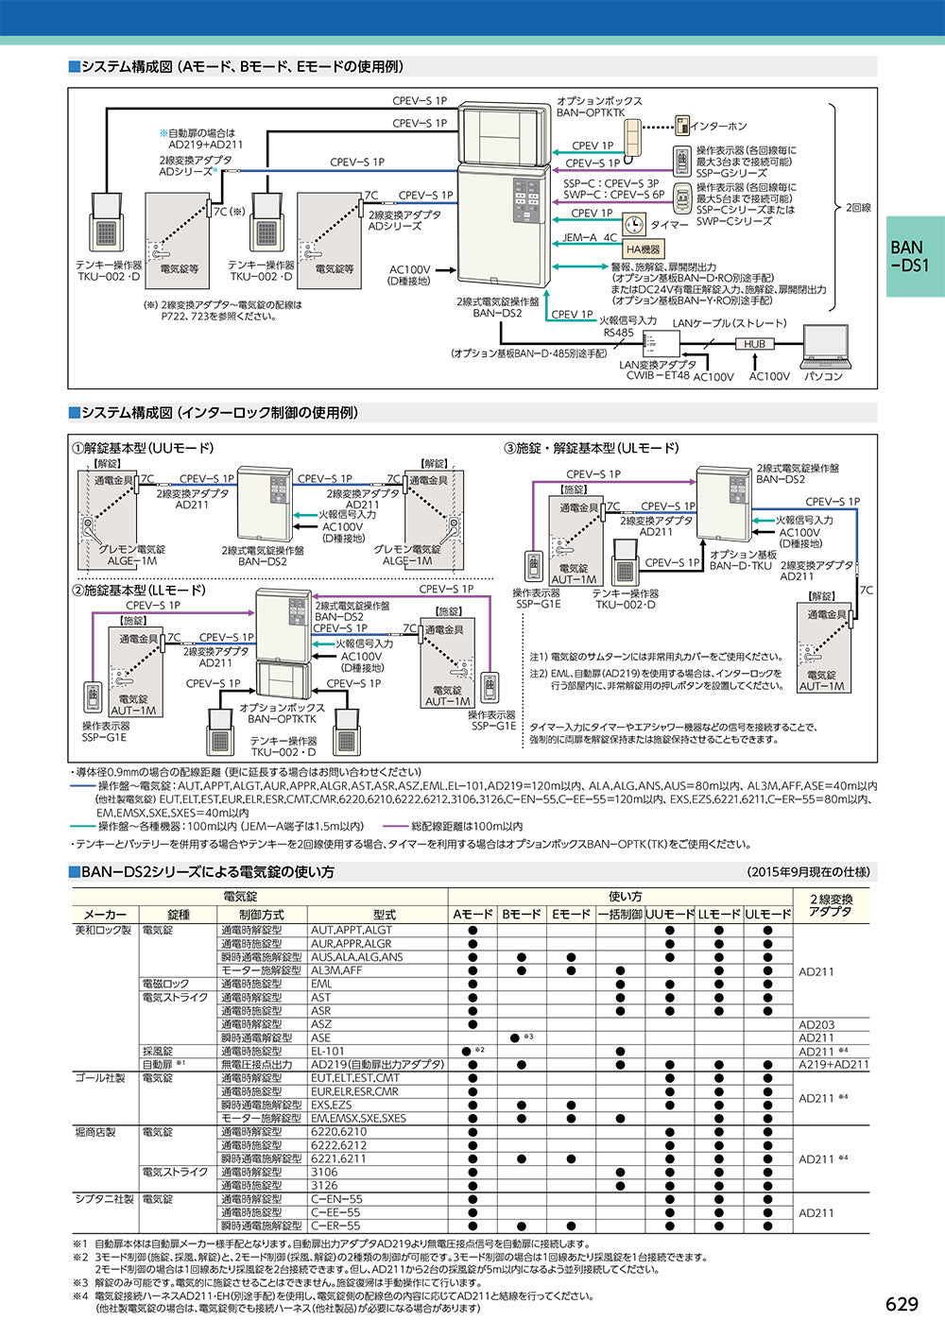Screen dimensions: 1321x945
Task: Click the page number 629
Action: click(x=902, y=1304)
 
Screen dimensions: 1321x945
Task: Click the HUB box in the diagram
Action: click(x=754, y=345)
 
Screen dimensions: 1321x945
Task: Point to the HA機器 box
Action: click(x=643, y=249)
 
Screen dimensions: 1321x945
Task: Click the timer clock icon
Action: click(x=634, y=225)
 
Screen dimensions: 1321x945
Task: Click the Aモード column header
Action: click(x=472, y=915)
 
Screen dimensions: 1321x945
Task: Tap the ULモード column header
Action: click(x=767, y=915)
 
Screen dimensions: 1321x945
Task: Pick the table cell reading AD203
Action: click(x=816, y=1024)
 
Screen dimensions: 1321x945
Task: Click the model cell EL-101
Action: click(x=328, y=1051)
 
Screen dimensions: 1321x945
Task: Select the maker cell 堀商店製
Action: click(x=94, y=1132)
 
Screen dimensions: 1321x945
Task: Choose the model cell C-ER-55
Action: click(x=335, y=1226)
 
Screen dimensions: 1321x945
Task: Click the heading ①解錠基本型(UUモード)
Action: click(x=144, y=448)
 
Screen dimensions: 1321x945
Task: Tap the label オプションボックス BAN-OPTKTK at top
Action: click(x=599, y=107)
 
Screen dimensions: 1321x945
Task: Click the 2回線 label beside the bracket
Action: click(x=858, y=207)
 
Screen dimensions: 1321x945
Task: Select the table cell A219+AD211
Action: click(x=833, y=1064)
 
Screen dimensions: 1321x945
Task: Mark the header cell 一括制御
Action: click(x=620, y=915)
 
